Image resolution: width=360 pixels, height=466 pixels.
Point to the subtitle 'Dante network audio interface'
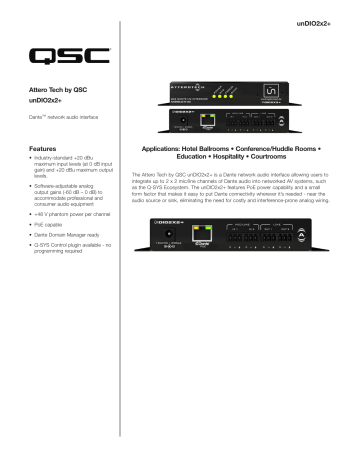pyautogui.click(x=66, y=119)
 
